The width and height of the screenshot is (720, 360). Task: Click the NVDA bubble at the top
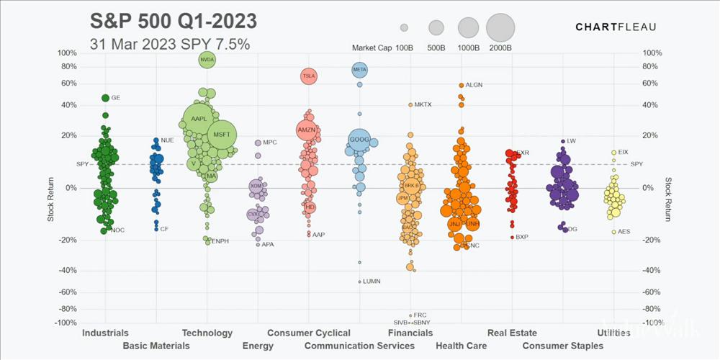click(207, 60)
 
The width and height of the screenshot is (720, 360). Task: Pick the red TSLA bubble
click(309, 76)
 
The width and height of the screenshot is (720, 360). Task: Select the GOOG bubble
click(359, 139)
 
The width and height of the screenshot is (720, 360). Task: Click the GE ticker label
click(116, 98)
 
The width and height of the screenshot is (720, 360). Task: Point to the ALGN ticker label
click(474, 85)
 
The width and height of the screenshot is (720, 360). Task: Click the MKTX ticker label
click(423, 104)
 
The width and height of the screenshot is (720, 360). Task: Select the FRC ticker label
click(420, 315)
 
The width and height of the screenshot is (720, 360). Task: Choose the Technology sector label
click(207, 333)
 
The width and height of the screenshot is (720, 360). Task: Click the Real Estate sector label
click(512, 333)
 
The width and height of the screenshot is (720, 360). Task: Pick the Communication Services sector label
click(359, 346)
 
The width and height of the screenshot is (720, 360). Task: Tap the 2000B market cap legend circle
click(500, 28)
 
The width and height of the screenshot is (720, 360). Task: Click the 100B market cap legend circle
click(405, 28)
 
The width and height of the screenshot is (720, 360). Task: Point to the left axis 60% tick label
click(67, 84)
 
